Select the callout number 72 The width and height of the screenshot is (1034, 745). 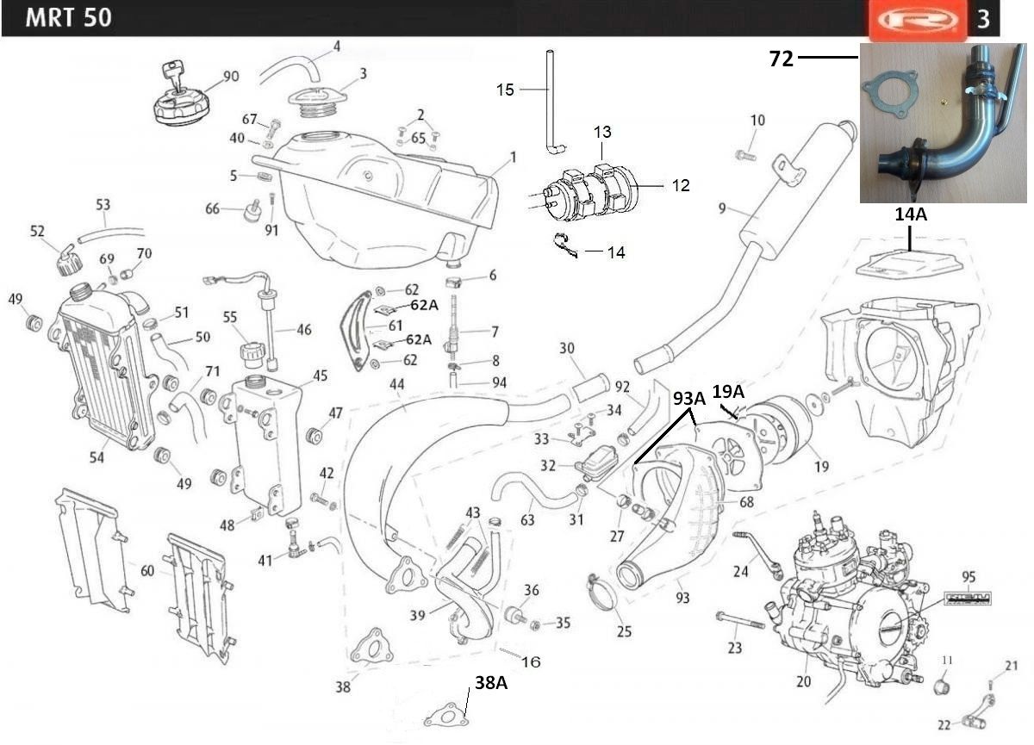pyautogui.click(x=781, y=59)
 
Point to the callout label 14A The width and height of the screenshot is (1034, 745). pyautogui.click(x=910, y=215)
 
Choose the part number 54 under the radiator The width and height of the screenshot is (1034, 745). pyautogui.click(x=97, y=457)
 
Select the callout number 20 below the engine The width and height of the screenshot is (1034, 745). pyautogui.click(x=805, y=681)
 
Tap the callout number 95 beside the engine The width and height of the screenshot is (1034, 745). pyautogui.click(x=969, y=575)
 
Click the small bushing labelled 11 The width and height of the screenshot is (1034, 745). pyautogui.click(x=945, y=687)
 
